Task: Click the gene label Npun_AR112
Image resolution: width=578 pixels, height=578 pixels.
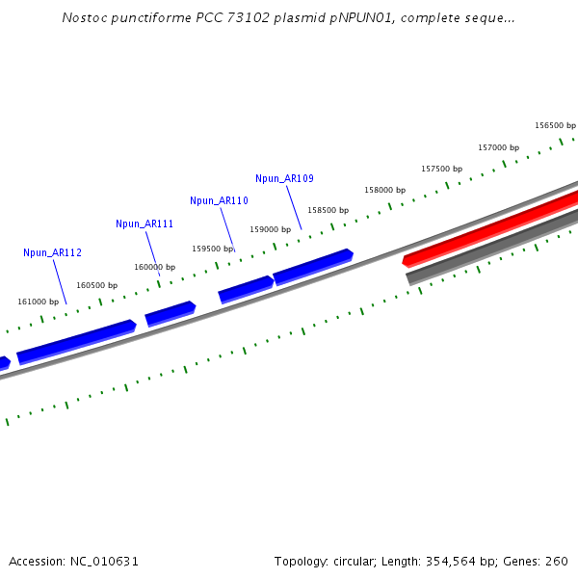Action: tap(52, 252)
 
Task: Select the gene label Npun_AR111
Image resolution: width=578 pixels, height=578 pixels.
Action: tap(144, 223)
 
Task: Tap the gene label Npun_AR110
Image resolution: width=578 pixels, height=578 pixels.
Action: tap(219, 200)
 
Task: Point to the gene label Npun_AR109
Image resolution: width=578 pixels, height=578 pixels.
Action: tap(284, 178)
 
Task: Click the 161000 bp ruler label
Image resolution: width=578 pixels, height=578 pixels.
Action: tap(38, 302)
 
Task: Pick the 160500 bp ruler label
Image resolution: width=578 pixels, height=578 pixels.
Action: tap(96, 285)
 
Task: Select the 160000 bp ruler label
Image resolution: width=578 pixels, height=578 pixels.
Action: tap(154, 267)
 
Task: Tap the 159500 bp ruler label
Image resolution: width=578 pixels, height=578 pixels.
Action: tap(212, 249)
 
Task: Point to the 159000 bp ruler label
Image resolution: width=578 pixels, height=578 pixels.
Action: tap(270, 229)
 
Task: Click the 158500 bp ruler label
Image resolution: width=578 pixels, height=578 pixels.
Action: tap(328, 210)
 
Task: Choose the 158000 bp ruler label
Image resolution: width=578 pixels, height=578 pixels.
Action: tap(384, 190)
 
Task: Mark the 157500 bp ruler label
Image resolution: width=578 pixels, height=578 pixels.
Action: tap(441, 169)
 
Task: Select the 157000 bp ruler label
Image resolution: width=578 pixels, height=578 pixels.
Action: tap(498, 147)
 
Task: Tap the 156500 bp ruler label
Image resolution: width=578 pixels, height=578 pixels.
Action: tap(555, 125)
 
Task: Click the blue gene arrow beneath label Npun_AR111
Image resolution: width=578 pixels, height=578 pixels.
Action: tap(170, 313)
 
